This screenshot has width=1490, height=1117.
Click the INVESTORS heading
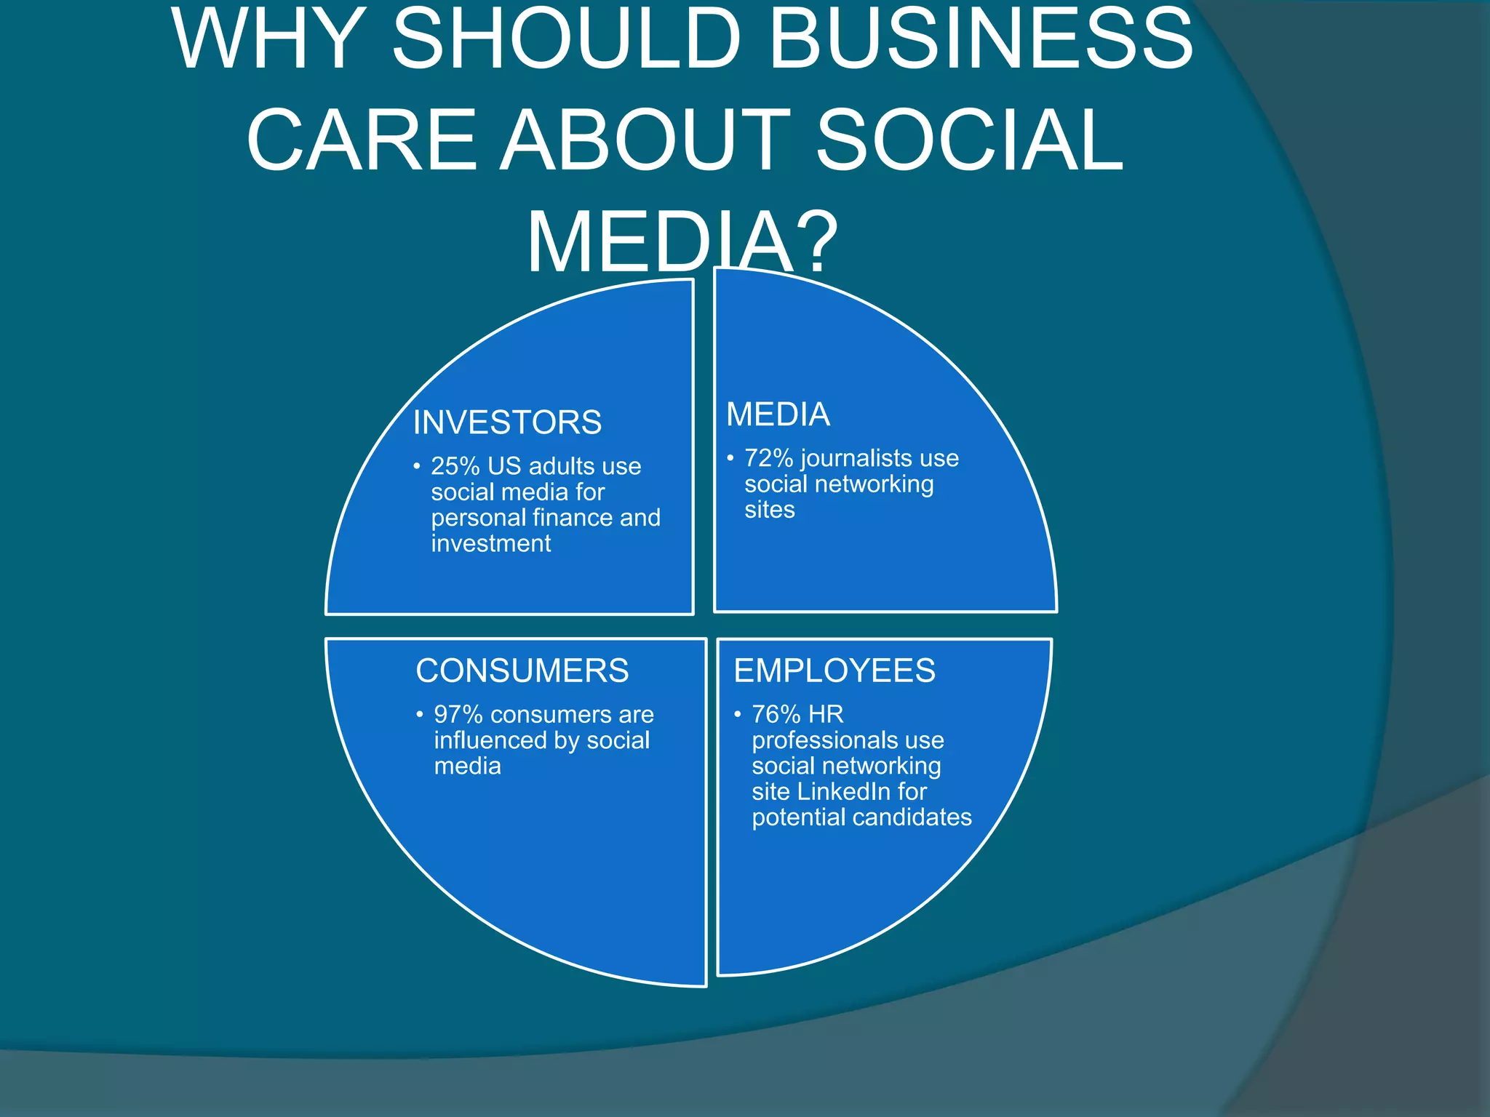pos(507,423)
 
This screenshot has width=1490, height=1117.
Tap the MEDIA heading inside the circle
pos(778,415)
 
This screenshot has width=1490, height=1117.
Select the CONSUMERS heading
pos(522,670)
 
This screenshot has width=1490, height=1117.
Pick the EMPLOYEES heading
pos(834,670)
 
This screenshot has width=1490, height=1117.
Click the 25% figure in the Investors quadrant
pos(455,466)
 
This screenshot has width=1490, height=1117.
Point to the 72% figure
pos(768,458)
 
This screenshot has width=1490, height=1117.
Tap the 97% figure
pos(458,715)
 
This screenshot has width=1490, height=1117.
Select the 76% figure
pos(776,714)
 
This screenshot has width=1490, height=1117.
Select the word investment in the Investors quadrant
pos(491,544)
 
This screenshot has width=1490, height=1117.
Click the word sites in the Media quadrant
pos(769,510)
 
